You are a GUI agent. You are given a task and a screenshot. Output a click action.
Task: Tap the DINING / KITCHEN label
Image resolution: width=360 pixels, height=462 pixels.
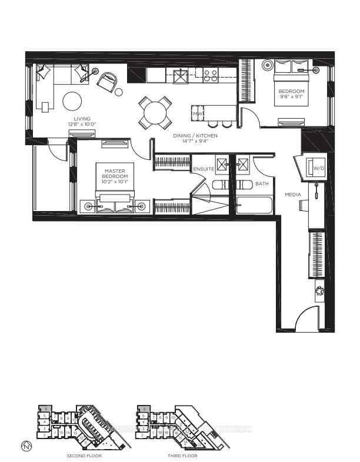(195, 136)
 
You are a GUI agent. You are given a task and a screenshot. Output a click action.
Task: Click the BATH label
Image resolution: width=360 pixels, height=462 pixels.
(261, 184)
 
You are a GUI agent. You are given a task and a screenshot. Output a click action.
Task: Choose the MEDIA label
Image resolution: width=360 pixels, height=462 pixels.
(292, 195)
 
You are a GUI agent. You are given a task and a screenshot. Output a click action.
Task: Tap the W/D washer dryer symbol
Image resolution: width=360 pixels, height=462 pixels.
(319, 168)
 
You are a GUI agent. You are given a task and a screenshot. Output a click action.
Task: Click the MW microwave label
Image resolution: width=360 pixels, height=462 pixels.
(198, 113)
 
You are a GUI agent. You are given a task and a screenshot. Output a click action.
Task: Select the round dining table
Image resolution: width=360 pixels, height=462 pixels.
(155, 112)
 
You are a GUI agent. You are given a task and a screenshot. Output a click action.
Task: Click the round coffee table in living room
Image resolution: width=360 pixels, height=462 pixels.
(73, 102)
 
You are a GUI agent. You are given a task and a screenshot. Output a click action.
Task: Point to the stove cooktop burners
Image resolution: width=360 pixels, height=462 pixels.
(210, 74)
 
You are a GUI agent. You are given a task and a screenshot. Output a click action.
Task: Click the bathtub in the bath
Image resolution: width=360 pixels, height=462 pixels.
(254, 206)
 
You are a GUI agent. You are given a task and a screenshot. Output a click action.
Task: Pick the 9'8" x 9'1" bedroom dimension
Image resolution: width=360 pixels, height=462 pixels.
(291, 98)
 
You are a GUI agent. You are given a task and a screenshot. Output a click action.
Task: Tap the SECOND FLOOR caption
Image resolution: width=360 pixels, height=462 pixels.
(84, 456)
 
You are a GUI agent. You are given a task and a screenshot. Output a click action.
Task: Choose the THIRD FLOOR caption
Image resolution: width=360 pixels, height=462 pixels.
(181, 456)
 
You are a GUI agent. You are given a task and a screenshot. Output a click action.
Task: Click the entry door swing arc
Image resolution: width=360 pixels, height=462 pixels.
(306, 320)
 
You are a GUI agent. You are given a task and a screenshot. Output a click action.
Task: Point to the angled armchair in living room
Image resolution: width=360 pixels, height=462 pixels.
(107, 82)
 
